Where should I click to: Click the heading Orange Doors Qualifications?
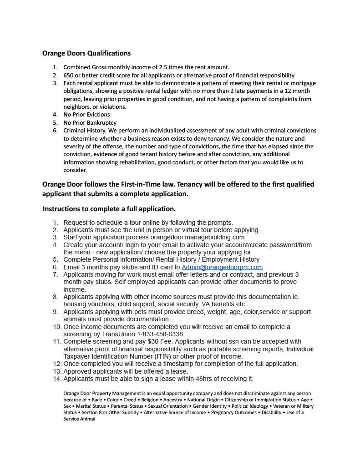pos(86,53)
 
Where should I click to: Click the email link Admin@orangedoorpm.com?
pos(222,267)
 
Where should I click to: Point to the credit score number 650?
pos(68,75)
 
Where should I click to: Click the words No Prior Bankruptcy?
pos(90,122)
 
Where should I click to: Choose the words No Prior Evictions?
pos(86,115)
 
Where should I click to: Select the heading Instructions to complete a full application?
pos(109,209)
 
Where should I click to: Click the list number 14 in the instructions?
pos(57,379)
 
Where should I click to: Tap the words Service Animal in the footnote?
pos(79,419)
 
